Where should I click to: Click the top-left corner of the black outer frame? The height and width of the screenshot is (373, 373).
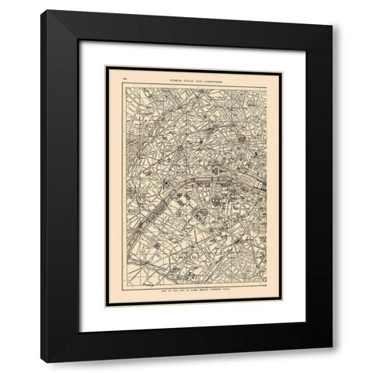point(43,11)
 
